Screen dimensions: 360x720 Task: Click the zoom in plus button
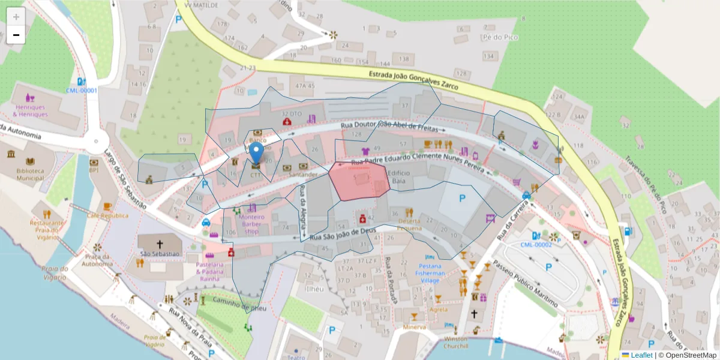tap(16, 16)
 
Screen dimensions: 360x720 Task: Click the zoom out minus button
tap(16, 35)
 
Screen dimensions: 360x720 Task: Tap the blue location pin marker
tap(256, 154)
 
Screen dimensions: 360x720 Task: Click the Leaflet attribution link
tap(641, 355)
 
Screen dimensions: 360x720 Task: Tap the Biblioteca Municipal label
tap(29, 174)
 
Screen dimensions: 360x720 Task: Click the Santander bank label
tap(302, 175)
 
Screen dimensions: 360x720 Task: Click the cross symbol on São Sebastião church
tap(160, 244)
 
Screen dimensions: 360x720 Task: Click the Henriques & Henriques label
tap(30, 110)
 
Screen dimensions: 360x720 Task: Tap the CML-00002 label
tap(536, 245)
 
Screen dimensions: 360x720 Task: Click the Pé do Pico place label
tap(499, 37)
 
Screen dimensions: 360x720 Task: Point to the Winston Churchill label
tap(456, 343)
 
